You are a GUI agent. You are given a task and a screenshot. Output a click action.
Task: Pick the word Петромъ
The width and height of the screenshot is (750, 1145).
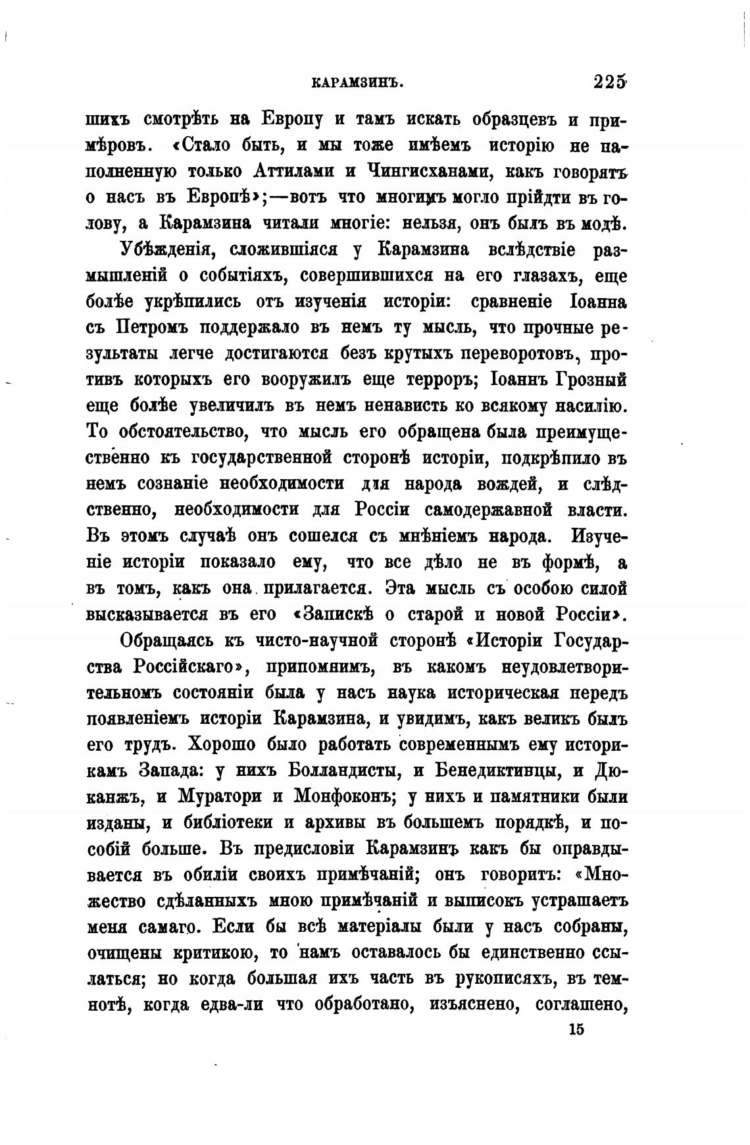[154, 327]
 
